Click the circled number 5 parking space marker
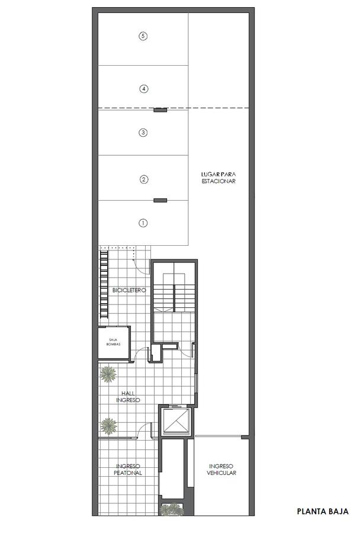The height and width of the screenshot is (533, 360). (143, 36)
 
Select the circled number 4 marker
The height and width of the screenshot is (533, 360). (144, 89)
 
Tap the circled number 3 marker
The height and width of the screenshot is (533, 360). (143, 133)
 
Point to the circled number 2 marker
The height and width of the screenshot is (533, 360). (144, 179)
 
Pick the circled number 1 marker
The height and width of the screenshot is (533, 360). (143, 223)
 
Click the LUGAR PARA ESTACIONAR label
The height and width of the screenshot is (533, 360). (218, 178)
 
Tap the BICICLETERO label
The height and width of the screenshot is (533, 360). (129, 290)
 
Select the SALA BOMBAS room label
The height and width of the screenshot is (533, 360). (113, 342)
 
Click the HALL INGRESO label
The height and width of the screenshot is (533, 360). (128, 397)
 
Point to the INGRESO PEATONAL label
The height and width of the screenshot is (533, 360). (128, 470)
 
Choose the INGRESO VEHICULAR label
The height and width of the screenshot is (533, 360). (221, 470)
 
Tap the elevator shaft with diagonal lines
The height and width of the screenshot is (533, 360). (176, 421)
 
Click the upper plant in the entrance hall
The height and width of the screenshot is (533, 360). (108, 374)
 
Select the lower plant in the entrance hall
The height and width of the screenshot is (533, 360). (109, 426)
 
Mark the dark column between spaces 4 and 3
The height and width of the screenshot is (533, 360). (160, 110)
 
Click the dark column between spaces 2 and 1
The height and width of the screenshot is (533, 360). (160, 201)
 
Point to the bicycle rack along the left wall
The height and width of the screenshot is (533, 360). (104, 284)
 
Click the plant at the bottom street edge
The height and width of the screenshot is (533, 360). (172, 509)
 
